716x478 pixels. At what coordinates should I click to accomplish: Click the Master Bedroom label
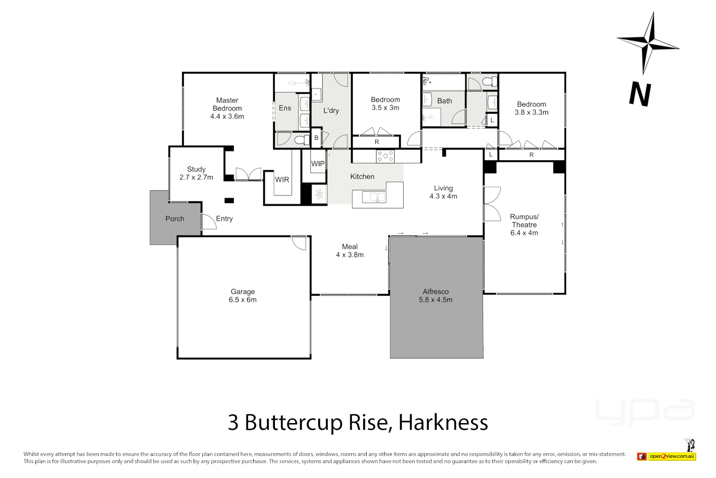227,108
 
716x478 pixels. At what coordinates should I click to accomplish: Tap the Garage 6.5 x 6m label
243,296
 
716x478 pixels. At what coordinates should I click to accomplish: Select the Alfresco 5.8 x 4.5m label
436,296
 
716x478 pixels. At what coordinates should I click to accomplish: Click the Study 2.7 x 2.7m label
196,173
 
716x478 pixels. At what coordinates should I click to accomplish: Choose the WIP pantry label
318,164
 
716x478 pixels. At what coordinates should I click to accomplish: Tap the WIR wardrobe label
282,180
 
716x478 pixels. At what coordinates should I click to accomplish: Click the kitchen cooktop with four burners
385,156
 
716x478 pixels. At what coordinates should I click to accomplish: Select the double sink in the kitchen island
374,197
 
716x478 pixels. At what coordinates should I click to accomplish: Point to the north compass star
648,43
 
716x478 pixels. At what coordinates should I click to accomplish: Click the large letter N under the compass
640,94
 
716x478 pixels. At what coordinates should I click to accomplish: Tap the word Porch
175,219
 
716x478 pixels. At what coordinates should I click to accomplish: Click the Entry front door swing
209,222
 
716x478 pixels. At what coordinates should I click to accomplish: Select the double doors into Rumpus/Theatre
492,204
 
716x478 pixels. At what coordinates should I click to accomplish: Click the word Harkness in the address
443,422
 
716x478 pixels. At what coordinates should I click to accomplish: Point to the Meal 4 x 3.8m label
350,251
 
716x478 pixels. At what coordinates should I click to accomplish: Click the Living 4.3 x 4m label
443,192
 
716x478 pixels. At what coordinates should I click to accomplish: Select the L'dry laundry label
331,111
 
